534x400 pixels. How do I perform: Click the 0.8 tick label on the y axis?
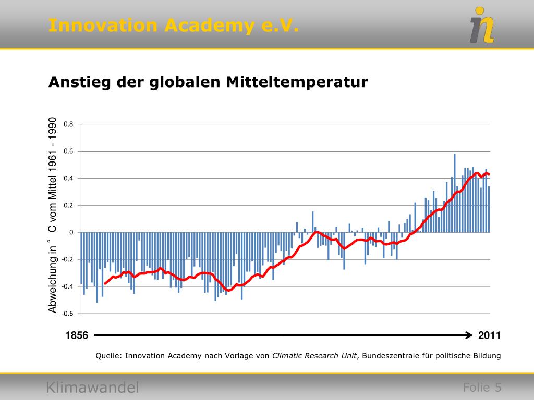(x=69, y=124)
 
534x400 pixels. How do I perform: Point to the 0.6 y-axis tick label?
(x=69, y=152)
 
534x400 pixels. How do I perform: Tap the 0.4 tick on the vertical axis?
(x=69, y=179)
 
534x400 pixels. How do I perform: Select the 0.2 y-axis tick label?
(x=69, y=206)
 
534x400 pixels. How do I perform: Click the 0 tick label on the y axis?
(x=71, y=232)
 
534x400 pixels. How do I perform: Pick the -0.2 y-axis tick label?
(x=68, y=259)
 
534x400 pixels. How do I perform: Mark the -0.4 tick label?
(x=68, y=286)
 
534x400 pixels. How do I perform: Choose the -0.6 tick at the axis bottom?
(x=68, y=314)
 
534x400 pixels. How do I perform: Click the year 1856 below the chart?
(x=77, y=335)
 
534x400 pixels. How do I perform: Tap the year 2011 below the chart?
(x=489, y=335)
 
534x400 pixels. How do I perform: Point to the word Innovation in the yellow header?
(x=103, y=25)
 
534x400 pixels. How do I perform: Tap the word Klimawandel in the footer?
(x=92, y=387)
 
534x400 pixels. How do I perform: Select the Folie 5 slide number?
(x=482, y=387)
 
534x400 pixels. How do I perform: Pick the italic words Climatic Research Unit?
(x=314, y=356)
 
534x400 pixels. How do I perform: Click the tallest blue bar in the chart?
(x=455, y=193)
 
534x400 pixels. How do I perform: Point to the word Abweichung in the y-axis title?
(x=53, y=287)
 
